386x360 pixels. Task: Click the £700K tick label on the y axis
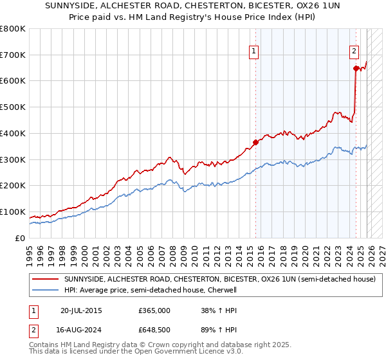click(13, 55)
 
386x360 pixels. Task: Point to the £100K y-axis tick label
click(13, 212)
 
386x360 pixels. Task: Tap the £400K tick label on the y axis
click(13, 134)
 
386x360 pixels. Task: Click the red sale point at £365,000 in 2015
click(255, 142)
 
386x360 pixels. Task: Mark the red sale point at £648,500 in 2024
click(355, 67)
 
